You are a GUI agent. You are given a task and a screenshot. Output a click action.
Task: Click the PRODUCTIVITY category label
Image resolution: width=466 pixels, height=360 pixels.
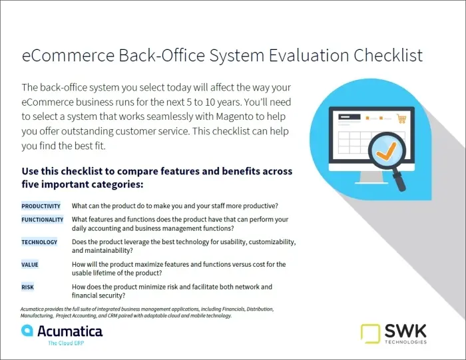pos(41,206)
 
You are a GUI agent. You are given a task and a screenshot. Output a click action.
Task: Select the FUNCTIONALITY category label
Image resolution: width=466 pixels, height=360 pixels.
pos(42,220)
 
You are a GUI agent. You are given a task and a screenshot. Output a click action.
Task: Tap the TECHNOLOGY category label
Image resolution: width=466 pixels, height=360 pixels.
pos(39,242)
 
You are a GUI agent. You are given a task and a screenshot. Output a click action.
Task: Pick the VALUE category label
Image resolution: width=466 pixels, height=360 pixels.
pos(30,264)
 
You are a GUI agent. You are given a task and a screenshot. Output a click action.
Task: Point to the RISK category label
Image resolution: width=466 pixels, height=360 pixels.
pos(28,287)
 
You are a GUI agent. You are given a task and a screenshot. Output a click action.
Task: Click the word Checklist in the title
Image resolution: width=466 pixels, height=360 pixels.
pos(388,55)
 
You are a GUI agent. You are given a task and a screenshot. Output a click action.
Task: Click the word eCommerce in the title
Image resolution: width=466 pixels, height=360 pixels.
pos(68,55)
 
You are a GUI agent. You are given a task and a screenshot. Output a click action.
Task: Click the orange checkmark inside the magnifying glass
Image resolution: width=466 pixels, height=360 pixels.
pos(386,151)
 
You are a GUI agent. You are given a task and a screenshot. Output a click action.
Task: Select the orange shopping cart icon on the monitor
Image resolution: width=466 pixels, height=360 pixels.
pos(401,118)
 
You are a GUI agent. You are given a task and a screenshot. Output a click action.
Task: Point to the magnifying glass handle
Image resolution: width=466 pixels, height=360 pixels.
pos(399,181)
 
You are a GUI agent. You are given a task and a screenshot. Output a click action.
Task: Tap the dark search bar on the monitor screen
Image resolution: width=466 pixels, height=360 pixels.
pos(349,117)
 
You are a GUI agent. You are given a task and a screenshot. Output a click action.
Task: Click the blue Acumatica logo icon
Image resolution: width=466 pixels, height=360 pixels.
pos(27,330)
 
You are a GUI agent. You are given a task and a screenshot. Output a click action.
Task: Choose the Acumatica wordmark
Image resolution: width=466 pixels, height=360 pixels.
pos(70,331)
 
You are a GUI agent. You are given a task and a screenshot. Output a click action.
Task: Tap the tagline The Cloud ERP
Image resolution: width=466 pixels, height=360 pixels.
pos(66,343)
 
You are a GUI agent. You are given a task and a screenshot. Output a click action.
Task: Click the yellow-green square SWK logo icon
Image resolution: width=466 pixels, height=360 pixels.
pos(370,334)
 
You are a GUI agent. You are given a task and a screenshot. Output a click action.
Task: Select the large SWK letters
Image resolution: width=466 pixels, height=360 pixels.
pos(405,331)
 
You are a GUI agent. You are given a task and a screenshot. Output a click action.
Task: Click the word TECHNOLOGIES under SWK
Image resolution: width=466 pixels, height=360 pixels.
pos(405,342)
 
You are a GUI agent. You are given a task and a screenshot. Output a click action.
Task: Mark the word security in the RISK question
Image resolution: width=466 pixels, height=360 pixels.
pos(111,295)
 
